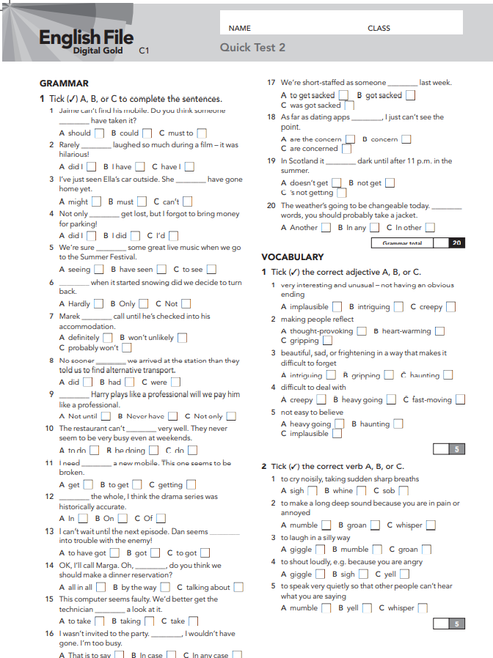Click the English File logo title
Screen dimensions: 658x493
[86, 37]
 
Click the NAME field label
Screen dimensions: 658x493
[239, 29]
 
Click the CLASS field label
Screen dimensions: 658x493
[379, 29]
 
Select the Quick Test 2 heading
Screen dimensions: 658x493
[252, 48]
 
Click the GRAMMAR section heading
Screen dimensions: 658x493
[64, 84]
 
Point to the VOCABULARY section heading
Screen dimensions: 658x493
[292, 257]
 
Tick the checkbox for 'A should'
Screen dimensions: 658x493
[99, 133]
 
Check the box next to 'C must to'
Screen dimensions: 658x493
[202, 133]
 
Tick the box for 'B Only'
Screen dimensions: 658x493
[145, 303]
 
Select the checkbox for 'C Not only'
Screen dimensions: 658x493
[231, 416]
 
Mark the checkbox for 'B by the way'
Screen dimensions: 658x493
[165, 587]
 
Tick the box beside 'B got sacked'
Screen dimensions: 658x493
[410, 95]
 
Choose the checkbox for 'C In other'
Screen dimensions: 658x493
[430, 228]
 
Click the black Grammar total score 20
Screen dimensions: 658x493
[456, 243]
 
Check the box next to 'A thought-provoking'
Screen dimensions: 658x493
[361, 331]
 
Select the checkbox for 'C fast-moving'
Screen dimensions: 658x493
[461, 399]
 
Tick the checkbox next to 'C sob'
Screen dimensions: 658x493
[403, 491]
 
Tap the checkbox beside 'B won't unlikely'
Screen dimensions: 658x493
[182, 338]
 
